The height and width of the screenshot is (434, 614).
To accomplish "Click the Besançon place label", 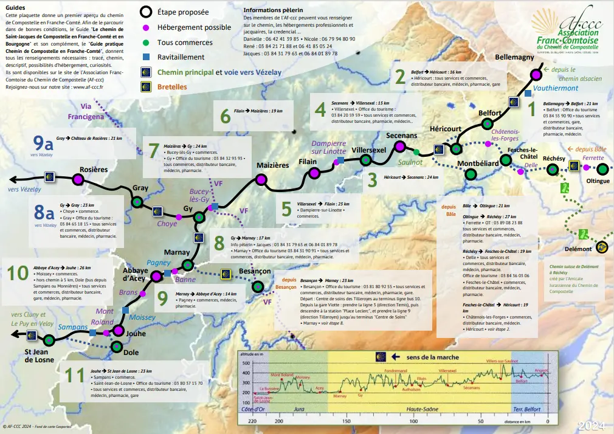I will click(x=255, y=270).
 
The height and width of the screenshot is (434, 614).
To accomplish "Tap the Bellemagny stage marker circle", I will click(x=536, y=74).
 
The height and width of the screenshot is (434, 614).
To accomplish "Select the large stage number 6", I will click(x=226, y=115).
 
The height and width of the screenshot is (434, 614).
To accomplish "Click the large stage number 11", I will click(x=74, y=375).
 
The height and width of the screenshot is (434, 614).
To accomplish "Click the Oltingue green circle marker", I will click(x=602, y=169).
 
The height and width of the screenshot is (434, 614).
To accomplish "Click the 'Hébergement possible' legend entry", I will click(x=194, y=27).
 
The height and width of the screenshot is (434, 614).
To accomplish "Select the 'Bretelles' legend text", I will click(x=173, y=87).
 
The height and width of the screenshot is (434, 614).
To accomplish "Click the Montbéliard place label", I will click(x=478, y=164).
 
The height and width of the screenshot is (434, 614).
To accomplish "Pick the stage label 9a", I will click(x=44, y=143).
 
